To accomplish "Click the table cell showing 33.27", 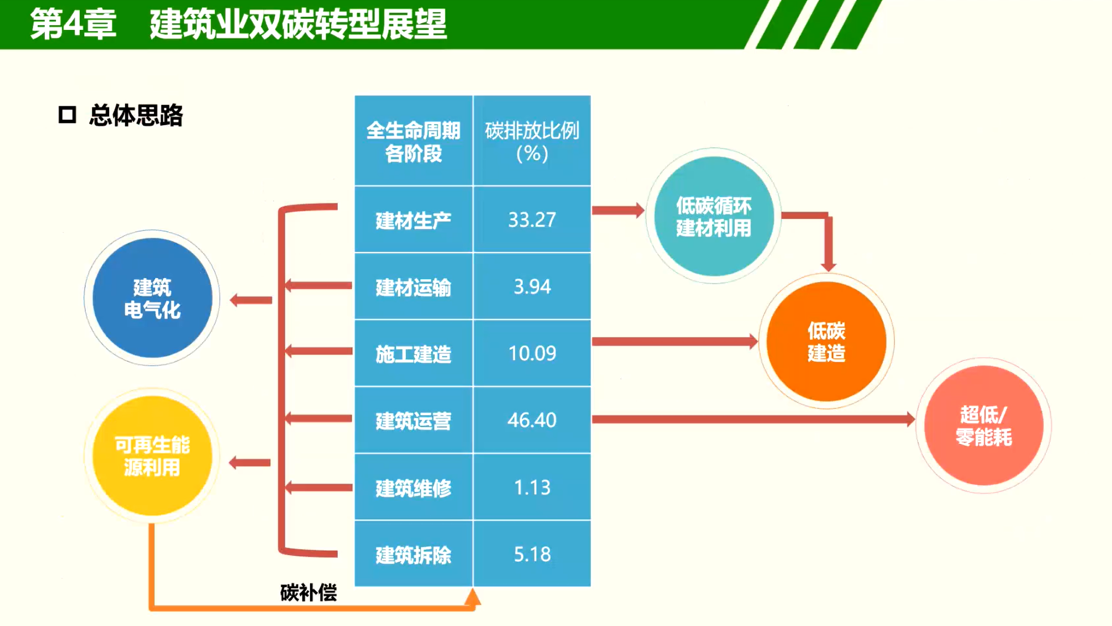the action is (532, 220).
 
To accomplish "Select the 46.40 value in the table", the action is (532, 420).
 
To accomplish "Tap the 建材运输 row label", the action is (414, 287).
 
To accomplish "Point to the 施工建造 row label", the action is (414, 353).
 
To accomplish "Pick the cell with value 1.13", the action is (532, 488).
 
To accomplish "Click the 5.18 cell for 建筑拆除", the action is (532, 554).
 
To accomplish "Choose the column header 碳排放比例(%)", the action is (532, 141).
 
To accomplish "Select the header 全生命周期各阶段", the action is (414, 141).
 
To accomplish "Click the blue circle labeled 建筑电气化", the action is (152, 298).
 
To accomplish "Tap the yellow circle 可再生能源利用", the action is (152, 455).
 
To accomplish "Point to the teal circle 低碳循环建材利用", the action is (714, 216).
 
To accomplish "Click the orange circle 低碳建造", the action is (826, 341).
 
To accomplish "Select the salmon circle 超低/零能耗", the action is (984, 425).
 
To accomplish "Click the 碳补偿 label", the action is (308, 593).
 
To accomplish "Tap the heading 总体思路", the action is (136, 115).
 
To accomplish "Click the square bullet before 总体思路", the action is (67, 115).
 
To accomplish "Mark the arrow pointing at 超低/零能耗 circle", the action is (754, 419).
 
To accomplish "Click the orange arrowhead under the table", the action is (472, 597).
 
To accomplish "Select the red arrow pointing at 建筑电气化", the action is (251, 300).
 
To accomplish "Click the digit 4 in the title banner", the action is (73, 25).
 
